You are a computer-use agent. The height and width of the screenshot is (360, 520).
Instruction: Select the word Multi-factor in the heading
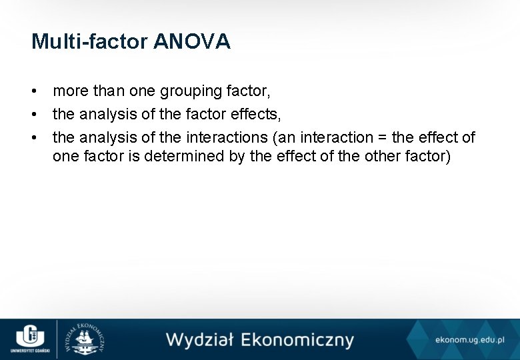point(90,42)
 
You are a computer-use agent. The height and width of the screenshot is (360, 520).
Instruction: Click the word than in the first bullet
point(108,91)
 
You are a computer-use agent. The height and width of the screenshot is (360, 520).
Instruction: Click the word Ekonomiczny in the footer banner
point(297,340)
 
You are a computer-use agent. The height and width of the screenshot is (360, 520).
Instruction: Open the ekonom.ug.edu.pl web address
point(469,340)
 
